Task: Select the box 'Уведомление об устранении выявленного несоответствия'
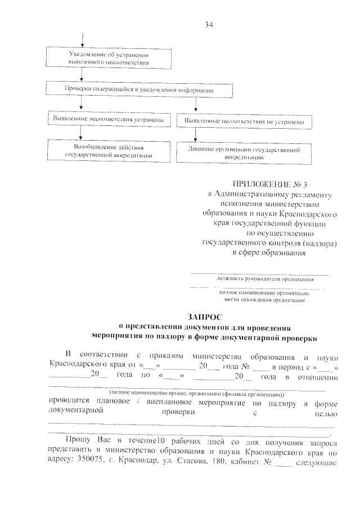[x=108, y=58]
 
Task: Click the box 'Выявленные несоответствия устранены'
[x=108, y=120]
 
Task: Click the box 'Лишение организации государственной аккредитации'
[x=244, y=154]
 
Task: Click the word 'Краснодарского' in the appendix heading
[x=308, y=214]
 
